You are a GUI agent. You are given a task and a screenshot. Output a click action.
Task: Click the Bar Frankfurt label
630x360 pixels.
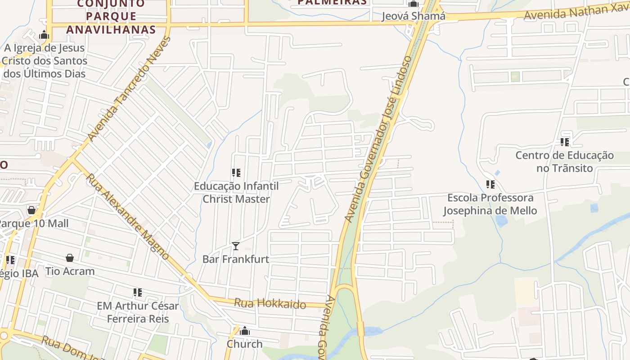pos(235,259)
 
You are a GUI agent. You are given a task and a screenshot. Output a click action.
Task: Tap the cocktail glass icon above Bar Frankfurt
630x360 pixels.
pos(235,246)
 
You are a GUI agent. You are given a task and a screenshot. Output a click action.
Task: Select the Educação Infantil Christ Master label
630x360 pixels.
pos(236,193)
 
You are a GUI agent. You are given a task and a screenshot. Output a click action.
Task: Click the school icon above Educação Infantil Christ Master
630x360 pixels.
pos(236,172)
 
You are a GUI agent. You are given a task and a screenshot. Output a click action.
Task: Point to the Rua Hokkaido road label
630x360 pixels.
pos(270,304)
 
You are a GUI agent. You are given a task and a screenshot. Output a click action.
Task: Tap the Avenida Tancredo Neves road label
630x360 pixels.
pos(130,89)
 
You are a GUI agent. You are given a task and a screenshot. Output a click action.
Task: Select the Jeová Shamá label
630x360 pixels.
pos(413,17)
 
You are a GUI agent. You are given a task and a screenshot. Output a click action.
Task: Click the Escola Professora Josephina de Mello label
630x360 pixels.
pos(490,204)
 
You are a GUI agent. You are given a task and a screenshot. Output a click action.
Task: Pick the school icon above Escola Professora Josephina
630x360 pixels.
pos(490,184)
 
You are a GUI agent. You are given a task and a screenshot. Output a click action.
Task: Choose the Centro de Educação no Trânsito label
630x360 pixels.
pos(564,162)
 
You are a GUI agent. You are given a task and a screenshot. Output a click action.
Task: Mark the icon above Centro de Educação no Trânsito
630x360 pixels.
pos(564,142)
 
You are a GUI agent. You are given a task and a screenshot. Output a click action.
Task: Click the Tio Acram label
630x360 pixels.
pos(70,271)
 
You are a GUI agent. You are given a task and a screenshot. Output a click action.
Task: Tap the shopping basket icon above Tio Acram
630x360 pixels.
pos(70,258)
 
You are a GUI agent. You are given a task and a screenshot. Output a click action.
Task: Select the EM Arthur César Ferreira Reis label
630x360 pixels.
pos(138,312)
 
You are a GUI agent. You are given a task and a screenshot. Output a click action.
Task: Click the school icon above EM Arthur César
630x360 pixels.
pos(138,292)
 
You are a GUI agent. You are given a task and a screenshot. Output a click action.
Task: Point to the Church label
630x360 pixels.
pos(244,344)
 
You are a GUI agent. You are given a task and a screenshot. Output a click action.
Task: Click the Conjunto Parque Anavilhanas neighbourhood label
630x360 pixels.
pos(111,17)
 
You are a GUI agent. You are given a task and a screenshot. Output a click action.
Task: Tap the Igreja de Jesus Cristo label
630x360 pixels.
pos(45,60)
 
